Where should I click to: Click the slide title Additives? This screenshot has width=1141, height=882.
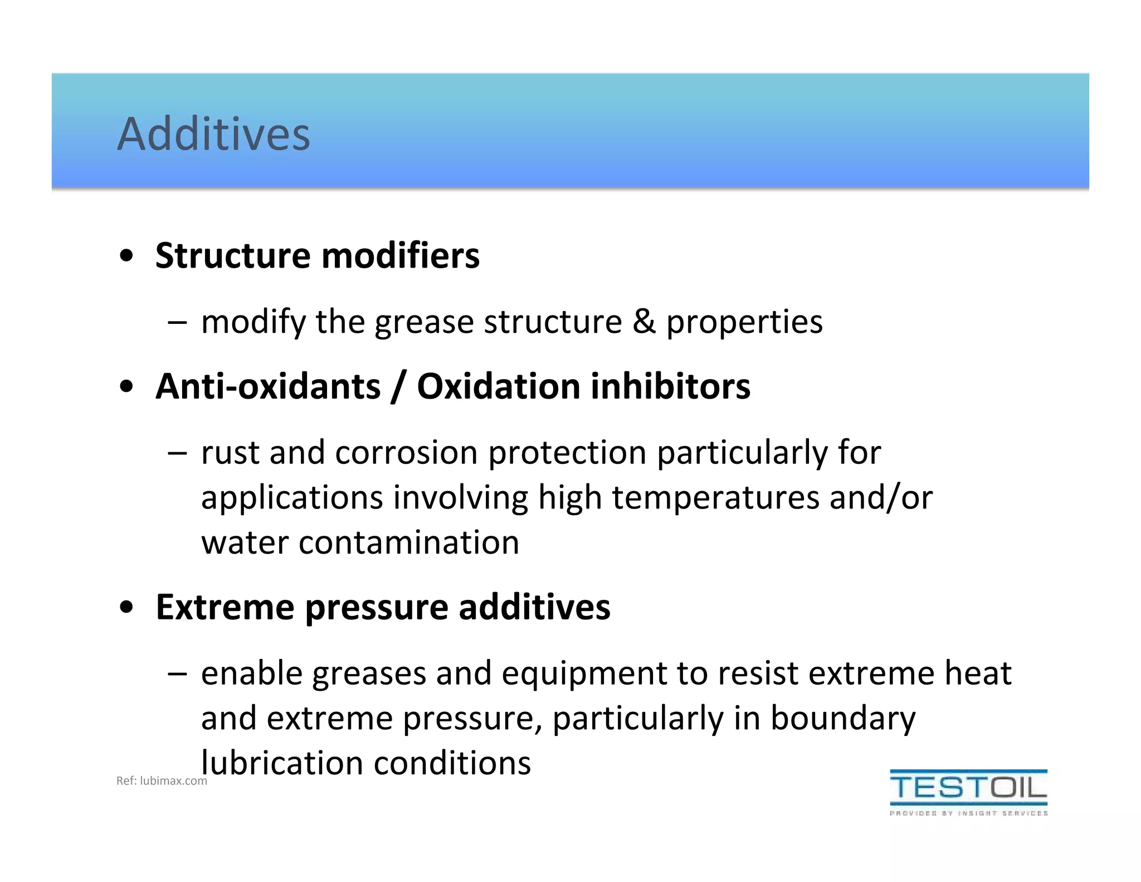pos(213,134)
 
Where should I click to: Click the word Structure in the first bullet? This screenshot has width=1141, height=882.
pos(233,256)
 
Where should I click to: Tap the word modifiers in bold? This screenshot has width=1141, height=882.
pos(401,256)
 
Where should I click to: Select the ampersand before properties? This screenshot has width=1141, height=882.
pos(644,322)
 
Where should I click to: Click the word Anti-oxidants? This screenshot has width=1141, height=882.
pos(268,386)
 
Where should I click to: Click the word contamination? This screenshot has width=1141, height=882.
pos(408,542)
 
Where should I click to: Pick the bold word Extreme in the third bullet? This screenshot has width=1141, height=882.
pos(225,607)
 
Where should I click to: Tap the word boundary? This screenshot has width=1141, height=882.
pos(842,719)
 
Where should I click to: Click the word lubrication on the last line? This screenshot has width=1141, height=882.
pos(282,763)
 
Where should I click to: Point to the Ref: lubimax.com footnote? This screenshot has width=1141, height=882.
pos(161,781)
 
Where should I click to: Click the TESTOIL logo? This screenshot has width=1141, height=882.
pos(968,787)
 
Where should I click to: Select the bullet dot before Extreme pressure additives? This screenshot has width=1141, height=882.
pos(126,607)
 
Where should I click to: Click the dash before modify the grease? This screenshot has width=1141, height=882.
pos(177,322)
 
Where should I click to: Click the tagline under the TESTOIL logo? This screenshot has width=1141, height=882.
pos(968,813)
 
